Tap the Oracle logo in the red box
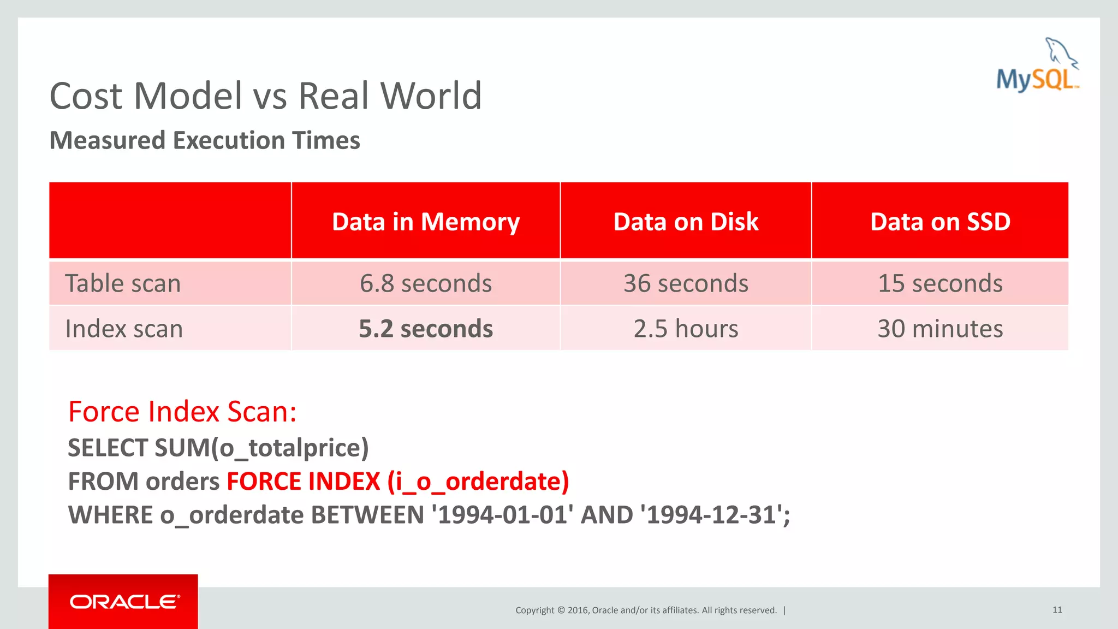[x=124, y=602]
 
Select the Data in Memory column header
[x=426, y=222]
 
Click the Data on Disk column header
[x=686, y=222]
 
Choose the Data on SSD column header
[x=940, y=222]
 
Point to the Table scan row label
[x=123, y=283]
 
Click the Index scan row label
[x=124, y=329]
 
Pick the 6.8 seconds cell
[x=426, y=283]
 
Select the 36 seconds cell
[x=686, y=283]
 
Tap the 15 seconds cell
[x=940, y=283]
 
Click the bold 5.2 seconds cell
[x=426, y=329]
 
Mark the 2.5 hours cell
[x=686, y=329]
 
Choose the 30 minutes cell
[x=940, y=329]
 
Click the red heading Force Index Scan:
[x=182, y=412]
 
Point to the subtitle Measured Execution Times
[x=205, y=140]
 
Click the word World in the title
[x=431, y=96]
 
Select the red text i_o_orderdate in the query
[x=478, y=482]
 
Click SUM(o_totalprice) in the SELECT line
[x=261, y=448]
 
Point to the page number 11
[x=1057, y=610]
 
